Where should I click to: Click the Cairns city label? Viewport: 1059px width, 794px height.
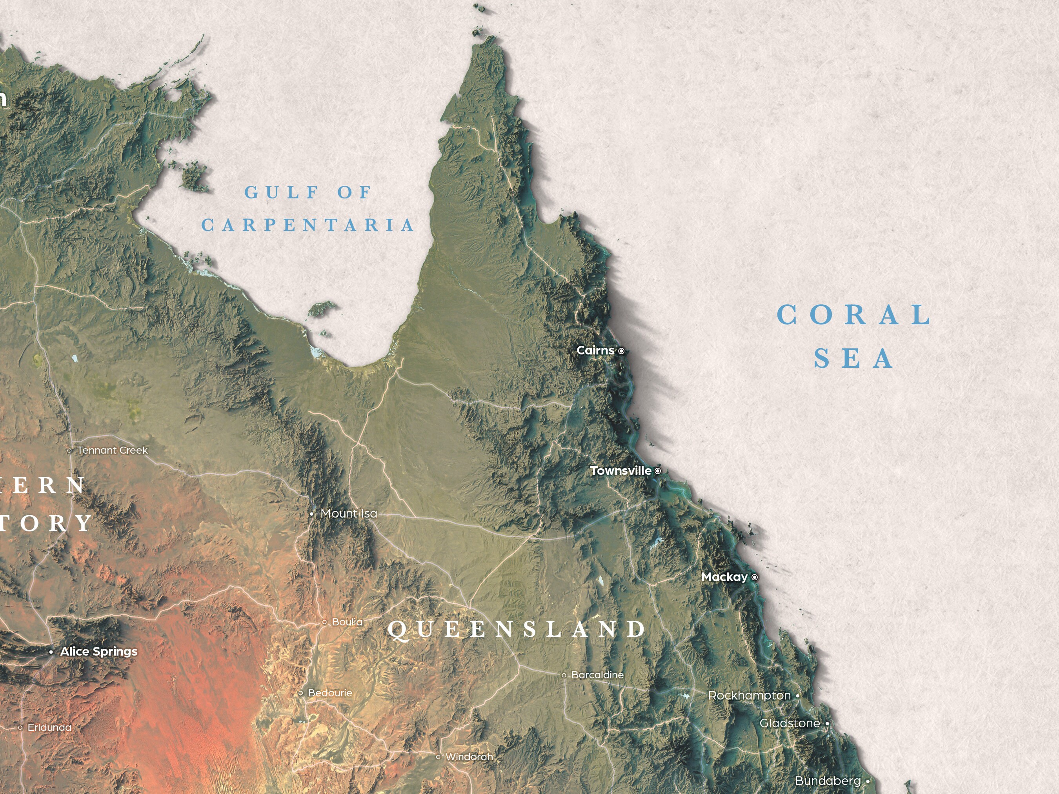click(x=595, y=350)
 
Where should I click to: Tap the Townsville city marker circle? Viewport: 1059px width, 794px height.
click(x=658, y=471)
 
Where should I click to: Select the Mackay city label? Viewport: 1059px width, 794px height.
click(x=724, y=577)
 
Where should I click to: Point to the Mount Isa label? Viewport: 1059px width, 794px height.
click(x=349, y=514)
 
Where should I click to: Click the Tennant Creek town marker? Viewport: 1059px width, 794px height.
click(x=70, y=451)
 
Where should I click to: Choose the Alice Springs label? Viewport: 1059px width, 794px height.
click(x=98, y=651)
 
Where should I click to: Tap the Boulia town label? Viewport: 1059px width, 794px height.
click(x=347, y=622)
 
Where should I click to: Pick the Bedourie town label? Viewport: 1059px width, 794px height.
click(x=330, y=693)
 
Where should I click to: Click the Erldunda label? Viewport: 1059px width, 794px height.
click(x=49, y=727)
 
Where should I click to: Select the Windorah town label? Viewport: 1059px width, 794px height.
click(x=469, y=757)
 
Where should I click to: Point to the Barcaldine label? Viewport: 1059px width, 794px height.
click(x=597, y=675)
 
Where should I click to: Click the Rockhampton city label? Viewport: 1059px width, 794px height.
click(x=749, y=696)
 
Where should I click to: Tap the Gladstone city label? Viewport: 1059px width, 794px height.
click(x=790, y=723)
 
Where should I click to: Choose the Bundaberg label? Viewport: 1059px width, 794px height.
click(x=828, y=781)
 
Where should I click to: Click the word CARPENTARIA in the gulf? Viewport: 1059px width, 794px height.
click(x=308, y=225)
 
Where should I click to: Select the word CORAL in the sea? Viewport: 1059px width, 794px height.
click(x=854, y=315)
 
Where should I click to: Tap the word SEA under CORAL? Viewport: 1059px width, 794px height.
click(x=853, y=358)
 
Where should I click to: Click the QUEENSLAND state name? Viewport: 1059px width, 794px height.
click(x=517, y=629)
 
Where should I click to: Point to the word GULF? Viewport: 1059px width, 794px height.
click(x=281, y=193)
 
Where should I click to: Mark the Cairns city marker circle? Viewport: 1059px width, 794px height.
click(x=621, y=351)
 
